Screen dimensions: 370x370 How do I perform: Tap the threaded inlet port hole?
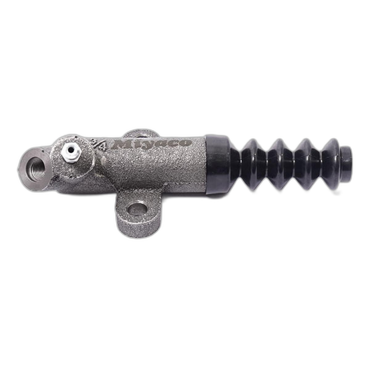tap(36, 168)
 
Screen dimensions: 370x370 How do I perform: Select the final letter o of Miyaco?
tap(185, 142)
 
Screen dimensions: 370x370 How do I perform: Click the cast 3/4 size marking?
tap(98, 144)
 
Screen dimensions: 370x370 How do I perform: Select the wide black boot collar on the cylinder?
tap(217, 164)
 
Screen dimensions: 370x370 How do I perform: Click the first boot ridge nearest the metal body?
tap(250, 165)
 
